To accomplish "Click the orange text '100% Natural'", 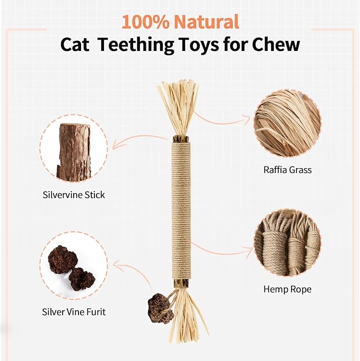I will coord(180,22).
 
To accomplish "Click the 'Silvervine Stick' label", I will coord(74,195).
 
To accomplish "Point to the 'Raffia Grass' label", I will coord(287,170).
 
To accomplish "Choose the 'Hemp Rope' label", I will coord(287,289).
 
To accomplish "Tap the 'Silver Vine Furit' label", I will coord(74,312).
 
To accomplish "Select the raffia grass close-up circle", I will coord(287,123).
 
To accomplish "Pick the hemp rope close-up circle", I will coord(287,243).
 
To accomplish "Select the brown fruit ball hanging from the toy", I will coord(161,307).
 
